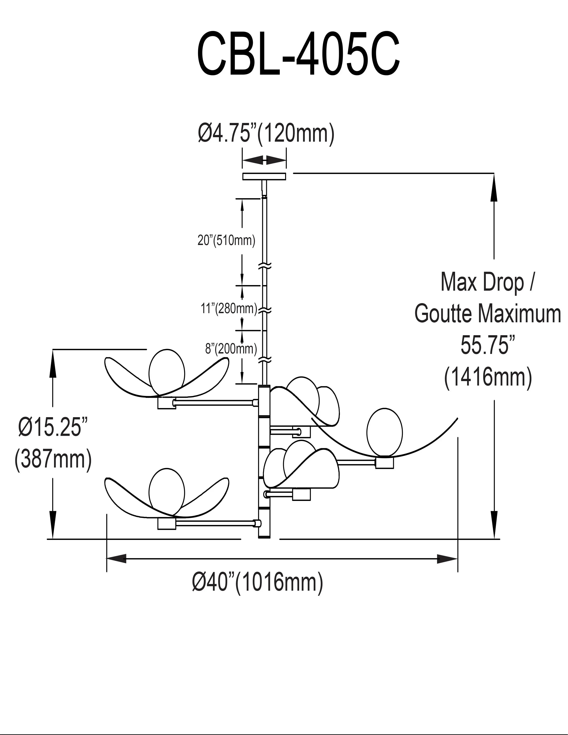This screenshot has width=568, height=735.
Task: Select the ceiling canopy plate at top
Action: point(264,176)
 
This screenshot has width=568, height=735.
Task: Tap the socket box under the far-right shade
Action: point(385,463)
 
